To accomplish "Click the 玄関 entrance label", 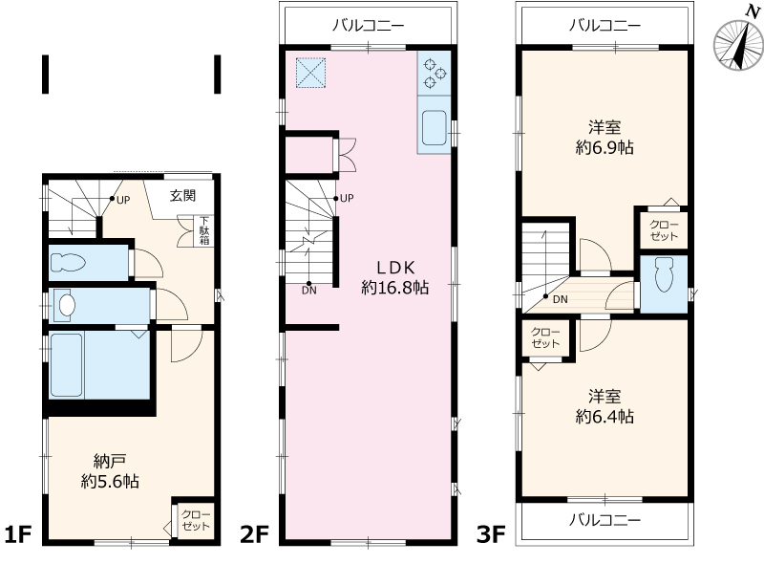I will pyautogui.click(x=183, y=197).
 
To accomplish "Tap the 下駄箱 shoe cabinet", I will pyautogui.click(x=204, y=231).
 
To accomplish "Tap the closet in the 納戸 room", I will pyautogui.click(x=195, y=521).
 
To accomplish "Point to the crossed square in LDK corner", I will pyautogui.click(x=309, y=73).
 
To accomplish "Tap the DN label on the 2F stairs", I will pyautogui.click(x=308, y=291).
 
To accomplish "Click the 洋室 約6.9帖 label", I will pyautogui.click(x=605, y=138).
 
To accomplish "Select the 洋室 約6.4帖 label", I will pyautogui.click(x=605, y=406).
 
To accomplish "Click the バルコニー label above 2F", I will pyautogui.click(x=366, y=25).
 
